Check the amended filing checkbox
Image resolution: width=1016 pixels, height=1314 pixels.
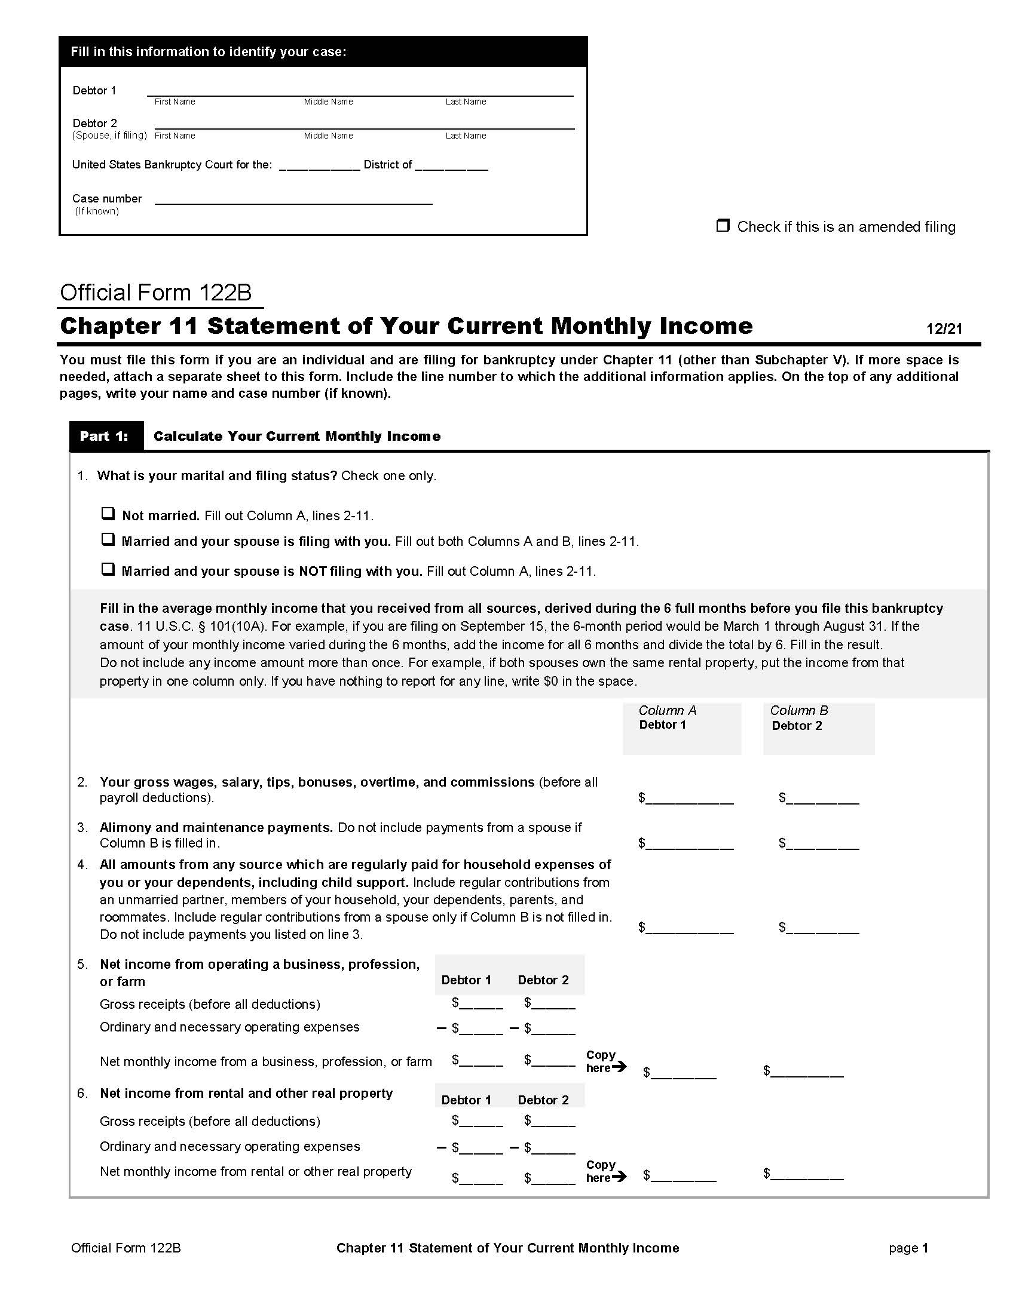723,226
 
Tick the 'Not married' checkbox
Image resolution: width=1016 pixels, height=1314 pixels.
108,514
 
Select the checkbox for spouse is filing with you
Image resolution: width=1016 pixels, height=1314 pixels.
108,540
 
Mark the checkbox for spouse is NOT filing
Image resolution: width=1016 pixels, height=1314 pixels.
108,569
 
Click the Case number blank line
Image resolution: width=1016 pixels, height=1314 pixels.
293,199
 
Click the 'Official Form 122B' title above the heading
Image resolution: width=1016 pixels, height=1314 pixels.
155,293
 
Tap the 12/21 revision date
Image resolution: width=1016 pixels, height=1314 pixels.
944,328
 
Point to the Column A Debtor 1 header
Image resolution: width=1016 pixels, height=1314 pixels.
668,718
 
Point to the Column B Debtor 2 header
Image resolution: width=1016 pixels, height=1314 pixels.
798,718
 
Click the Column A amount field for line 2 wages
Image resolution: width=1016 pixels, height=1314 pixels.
689,798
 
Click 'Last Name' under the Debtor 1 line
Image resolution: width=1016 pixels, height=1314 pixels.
465,102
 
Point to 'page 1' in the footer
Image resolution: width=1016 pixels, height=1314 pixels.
908,1248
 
